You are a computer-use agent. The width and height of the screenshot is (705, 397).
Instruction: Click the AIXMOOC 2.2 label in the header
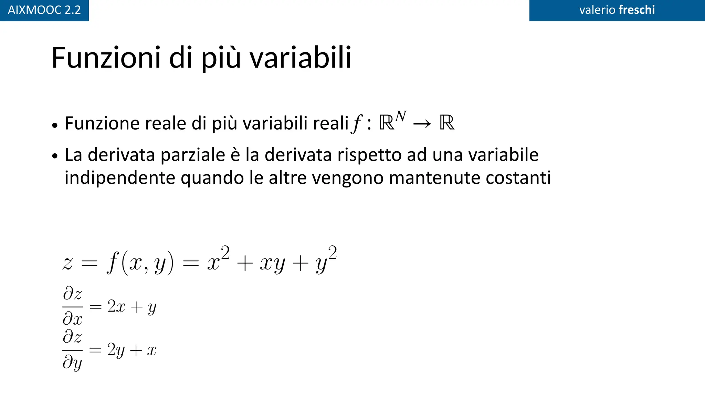click(44, 10)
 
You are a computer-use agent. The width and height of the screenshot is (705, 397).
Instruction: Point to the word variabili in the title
click(300, 58)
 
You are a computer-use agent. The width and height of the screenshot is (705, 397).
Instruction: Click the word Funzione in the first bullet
click(102, 123)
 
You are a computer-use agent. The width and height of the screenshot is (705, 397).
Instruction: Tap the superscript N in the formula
click(401, 116)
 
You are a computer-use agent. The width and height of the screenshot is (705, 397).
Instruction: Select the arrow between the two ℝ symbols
click(422, 123)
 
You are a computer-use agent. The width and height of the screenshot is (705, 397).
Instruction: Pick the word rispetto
click(369, 155)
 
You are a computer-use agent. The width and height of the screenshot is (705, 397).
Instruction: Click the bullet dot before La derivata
click(55, 156)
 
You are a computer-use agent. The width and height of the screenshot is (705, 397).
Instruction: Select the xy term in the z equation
click(272, 264)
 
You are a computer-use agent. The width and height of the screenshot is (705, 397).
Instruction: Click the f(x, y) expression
click(140, 263)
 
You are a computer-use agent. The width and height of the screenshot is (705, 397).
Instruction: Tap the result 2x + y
click(132, 307)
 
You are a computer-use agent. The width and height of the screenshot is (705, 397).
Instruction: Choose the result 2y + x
click(132, 350)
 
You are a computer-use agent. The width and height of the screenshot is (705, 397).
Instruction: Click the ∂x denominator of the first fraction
click(73, 319)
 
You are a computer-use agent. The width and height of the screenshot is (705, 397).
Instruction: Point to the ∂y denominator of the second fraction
click(73, 363)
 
